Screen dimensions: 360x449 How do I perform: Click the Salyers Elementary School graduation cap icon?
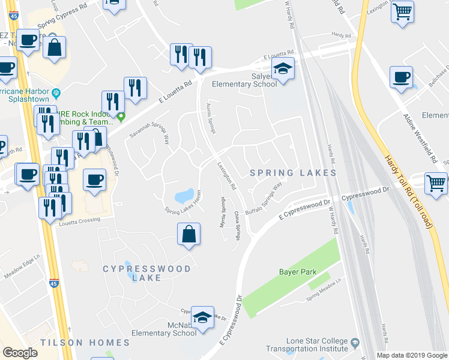coord(282,68)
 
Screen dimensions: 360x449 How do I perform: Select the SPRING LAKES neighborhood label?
coord(293,173)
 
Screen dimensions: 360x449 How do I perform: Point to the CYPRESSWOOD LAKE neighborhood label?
coord(146,274)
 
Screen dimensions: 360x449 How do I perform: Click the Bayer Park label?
coord(297,272)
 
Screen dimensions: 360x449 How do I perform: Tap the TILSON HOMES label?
coord(85,343)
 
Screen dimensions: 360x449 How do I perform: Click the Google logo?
coord(20,353)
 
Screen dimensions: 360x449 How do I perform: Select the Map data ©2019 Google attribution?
coord(411,355)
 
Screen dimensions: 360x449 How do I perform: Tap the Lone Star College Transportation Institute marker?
coord(355,343)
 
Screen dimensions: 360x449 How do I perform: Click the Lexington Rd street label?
coord(228,176)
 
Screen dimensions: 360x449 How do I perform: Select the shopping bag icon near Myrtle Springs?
coord(188,235)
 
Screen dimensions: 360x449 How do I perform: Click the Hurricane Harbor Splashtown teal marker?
coord(56,93)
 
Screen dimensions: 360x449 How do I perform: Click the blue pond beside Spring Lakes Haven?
coord(184,196)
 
